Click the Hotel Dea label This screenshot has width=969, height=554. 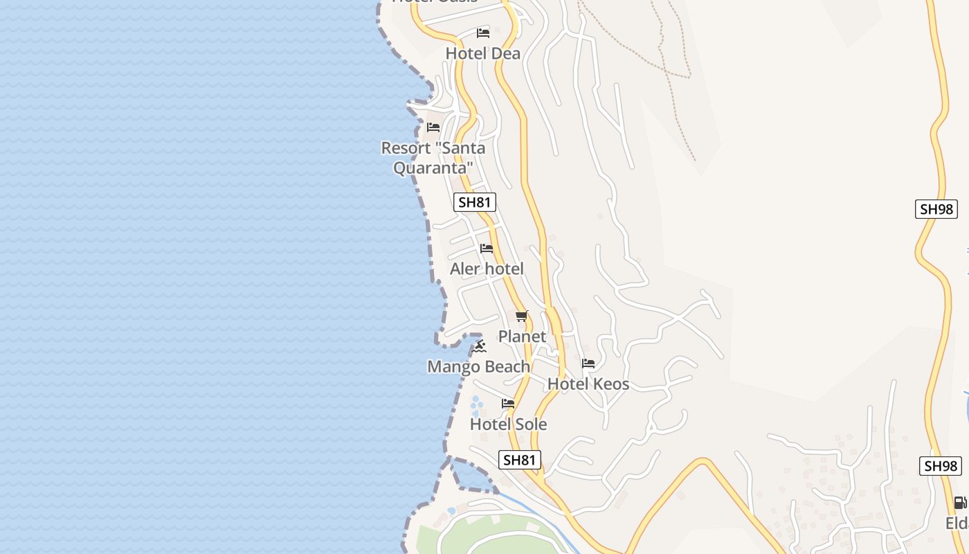tap(482, 53)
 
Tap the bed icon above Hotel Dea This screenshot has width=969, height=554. tap(483, 33)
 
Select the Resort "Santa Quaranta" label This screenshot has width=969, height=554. tap(433, 158)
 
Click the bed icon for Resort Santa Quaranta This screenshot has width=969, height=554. tap(433, 127)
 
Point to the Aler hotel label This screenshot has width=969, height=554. tap(487, 269)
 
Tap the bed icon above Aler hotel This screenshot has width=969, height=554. tap(487, 249)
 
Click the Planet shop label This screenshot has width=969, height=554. tap(522, 337)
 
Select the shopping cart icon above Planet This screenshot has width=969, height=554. tap(522, 316)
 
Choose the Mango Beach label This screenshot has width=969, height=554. tap(478, 367)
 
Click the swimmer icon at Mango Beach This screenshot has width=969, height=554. tap(479, 347)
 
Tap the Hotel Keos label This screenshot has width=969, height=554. tap(588, 384)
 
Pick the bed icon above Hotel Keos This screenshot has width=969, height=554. tap(588, 364)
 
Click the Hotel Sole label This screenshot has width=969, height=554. tap(508, 425)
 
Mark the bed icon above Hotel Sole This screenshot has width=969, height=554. tap(508, 404)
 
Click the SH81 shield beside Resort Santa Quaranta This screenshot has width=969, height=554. tap(475, 202)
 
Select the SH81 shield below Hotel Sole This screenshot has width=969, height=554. tap(519, 460)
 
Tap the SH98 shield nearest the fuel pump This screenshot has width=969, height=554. tap(941, 466)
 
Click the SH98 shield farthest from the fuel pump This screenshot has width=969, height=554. tap(936, 209)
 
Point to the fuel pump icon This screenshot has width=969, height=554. tap(960, 503)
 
